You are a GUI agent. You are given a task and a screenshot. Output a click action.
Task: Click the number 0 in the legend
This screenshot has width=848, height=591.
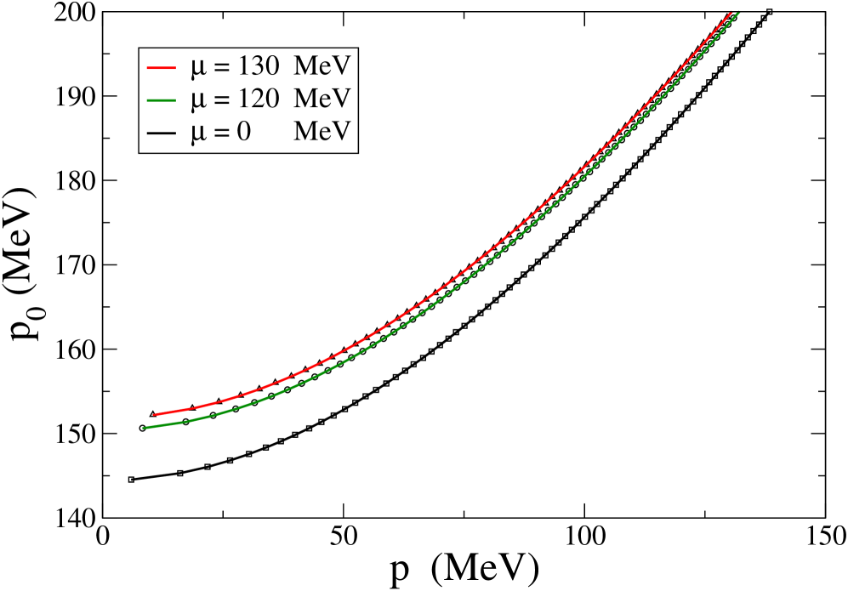click(x=243, y=132)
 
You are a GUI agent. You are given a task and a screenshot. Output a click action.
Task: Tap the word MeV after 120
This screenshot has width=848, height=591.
click(x=322, y=99)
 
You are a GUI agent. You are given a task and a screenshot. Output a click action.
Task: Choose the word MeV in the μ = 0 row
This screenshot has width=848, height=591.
click(x=322, y=132)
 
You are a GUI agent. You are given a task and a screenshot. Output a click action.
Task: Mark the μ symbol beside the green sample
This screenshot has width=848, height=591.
click(x=198, y=101)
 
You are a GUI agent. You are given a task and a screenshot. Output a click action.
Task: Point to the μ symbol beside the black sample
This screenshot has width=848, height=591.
click(x=198, y=134)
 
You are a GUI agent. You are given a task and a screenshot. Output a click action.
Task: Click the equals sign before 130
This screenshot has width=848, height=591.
click(x=222, y=67)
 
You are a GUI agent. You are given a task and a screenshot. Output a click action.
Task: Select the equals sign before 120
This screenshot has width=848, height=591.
click(x=222, y=100)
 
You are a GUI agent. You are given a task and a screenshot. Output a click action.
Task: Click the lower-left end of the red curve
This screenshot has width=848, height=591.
click(x=155, y=415)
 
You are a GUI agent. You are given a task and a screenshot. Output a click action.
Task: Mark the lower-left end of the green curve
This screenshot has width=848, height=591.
click(x=144, y=428)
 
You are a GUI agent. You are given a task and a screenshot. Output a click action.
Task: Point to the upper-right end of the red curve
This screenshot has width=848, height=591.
click(x=731, y=12)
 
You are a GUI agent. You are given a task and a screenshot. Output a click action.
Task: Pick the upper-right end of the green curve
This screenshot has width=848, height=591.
click(x=738, y=12)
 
